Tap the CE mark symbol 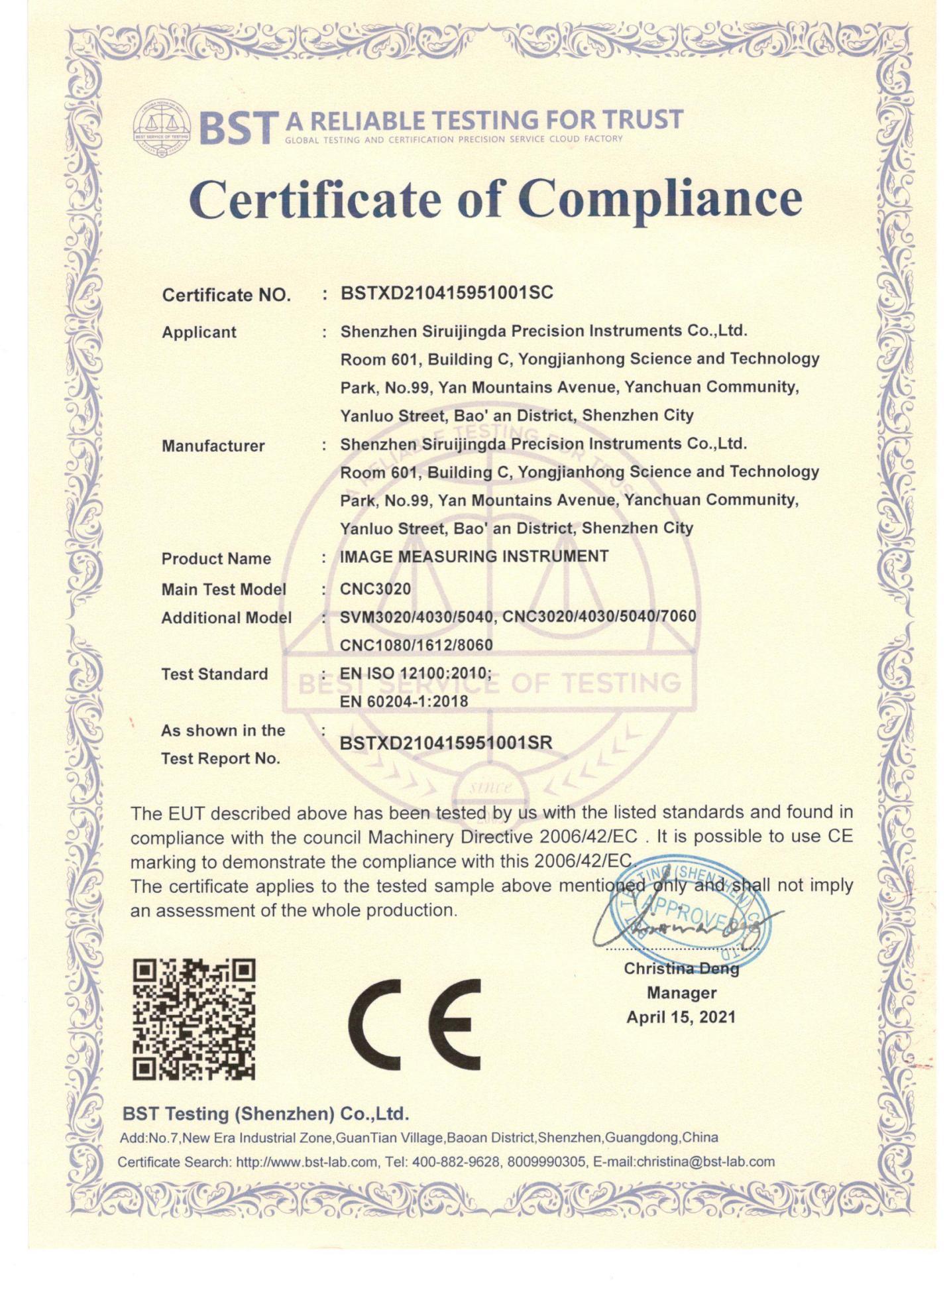click(414, 1024)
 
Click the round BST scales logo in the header click(162, 127)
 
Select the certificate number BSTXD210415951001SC click(447, 293)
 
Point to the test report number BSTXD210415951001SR click(445, 743)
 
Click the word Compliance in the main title click(660, 200)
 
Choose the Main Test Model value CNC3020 click(375, 589)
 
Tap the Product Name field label click(216, 559)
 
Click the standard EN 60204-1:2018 click(404, 701)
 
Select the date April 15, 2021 click(681, 1017)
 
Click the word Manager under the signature click(681, 992)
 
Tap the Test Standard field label click(214, 674)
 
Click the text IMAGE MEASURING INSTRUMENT click(474, 556)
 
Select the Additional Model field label click(226, 618)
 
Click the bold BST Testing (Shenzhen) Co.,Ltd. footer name click(266, 1113)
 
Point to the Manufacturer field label click(213, 446)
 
